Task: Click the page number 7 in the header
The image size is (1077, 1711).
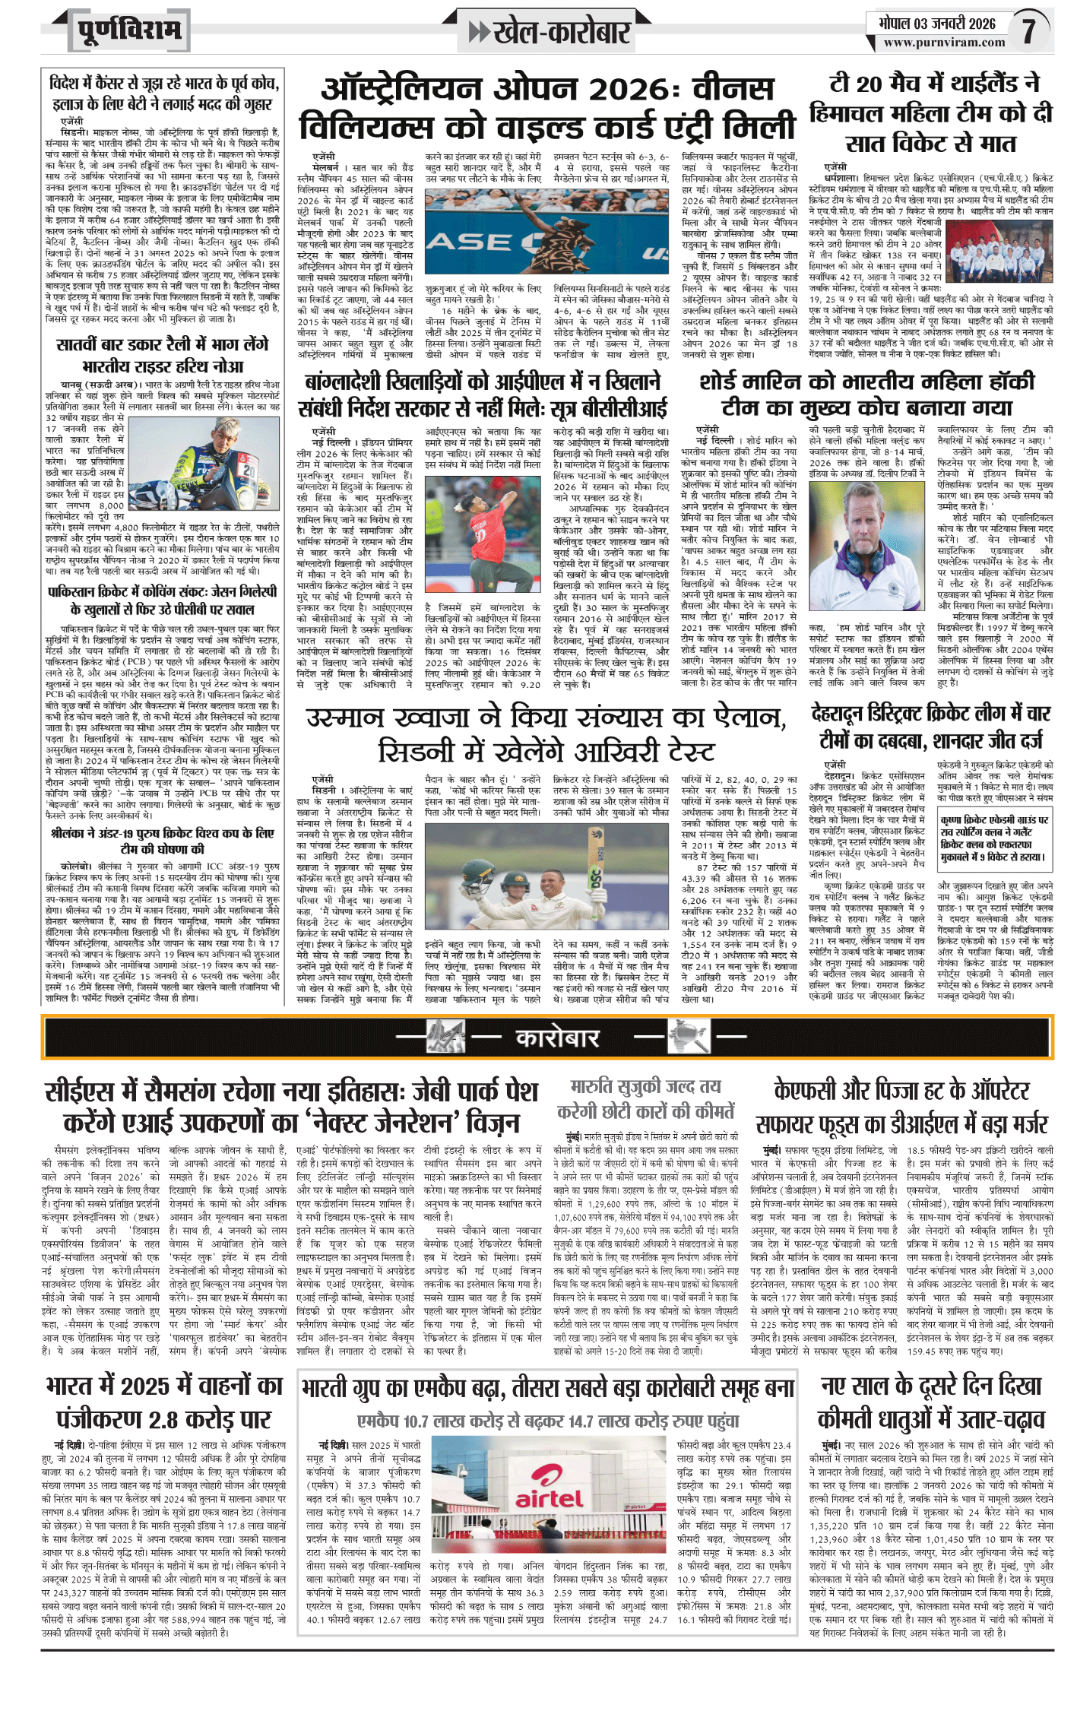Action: (1028, 31)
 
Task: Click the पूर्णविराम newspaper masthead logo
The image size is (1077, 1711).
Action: (129, 31)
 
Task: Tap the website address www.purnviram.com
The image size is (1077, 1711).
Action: (944, 43)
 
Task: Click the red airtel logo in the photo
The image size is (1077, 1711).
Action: (549, 1499)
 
